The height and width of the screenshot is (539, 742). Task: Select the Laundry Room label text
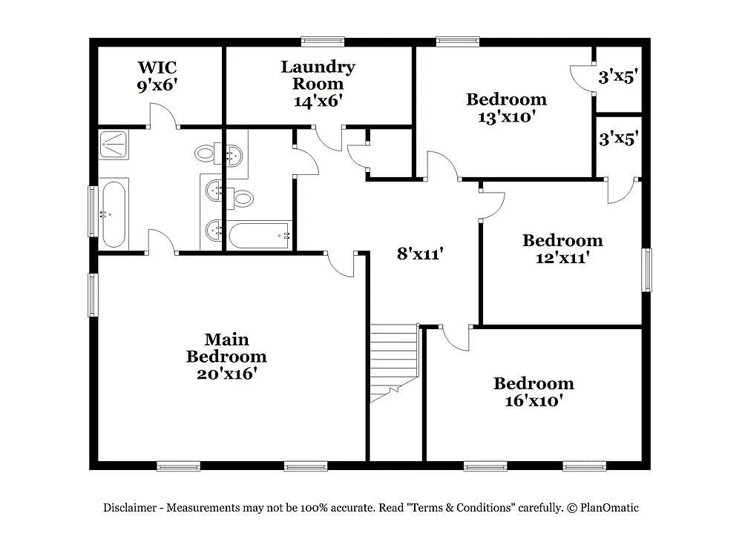[x=318, y=75]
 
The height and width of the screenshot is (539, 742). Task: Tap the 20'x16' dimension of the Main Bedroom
[x=226, y=374]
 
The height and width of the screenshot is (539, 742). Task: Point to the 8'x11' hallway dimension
[x=420, y=254]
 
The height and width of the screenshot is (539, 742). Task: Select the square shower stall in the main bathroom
[x=114, y=144]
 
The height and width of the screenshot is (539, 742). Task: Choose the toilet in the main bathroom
[x=206, y=154]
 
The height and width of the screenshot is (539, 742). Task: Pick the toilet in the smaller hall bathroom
[x=243, y=198]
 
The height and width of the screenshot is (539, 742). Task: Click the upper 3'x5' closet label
[x=619, y=76]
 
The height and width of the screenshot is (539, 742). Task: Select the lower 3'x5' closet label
[x=619, y=139]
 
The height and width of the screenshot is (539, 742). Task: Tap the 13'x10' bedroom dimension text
[x=506, y=116]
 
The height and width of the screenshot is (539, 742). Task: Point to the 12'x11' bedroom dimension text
[x=562, y=257]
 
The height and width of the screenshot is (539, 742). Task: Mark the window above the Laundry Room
[x=323, y=42]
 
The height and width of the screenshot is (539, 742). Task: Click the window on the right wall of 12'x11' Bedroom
[x=646, y=270]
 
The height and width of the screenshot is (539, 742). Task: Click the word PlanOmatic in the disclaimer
[x=609, y=508]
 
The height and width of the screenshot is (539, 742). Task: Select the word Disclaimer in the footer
[x=129, y=508]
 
